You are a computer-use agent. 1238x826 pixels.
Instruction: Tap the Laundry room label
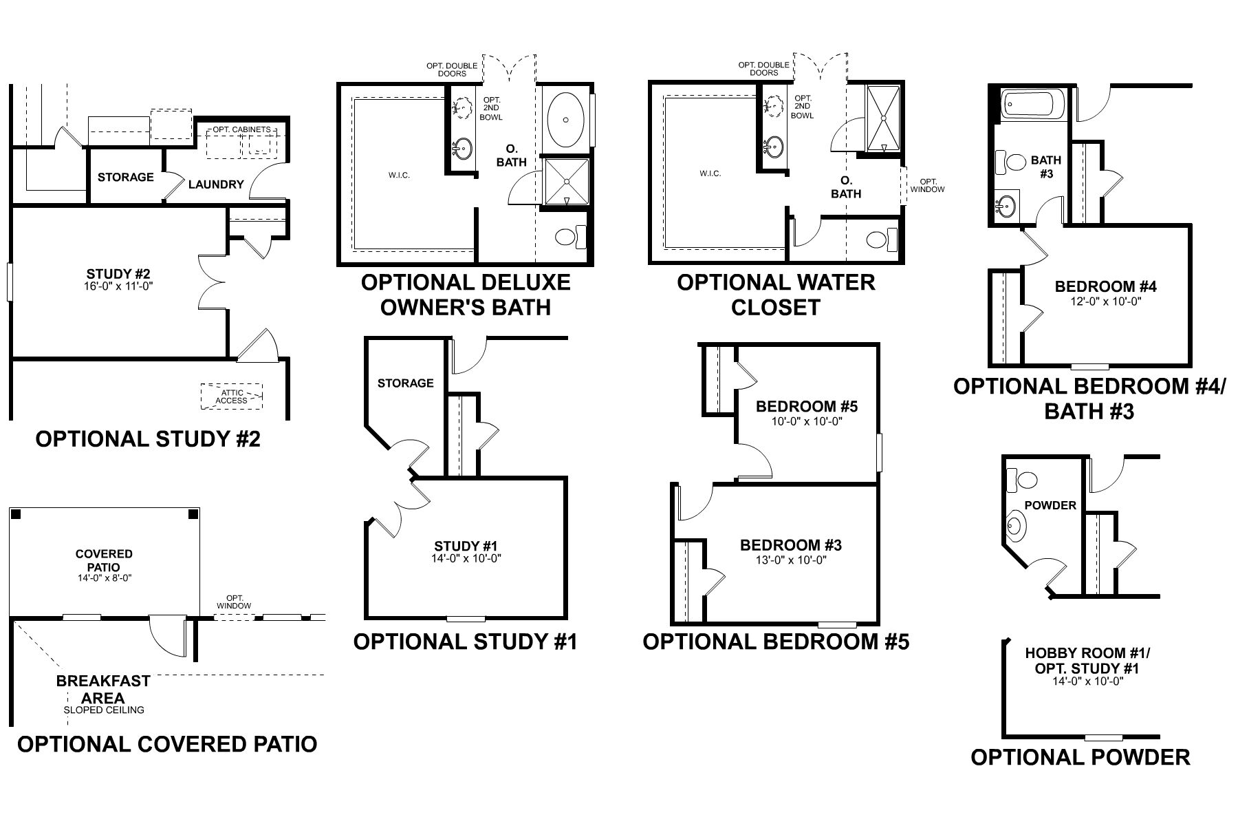pyautogui.click(x=216, y=184)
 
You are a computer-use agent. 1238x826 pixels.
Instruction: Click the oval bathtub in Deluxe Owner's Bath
pyautogui.click(x=565, y=119)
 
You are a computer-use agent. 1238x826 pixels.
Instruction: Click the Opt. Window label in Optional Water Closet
pyautogui.click(x=927, y=185)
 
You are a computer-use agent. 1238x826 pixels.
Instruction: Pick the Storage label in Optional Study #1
pyautogui.click(x=405, y=383)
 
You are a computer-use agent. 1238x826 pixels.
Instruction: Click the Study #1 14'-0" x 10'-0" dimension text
pyautogui.click(x=466, y=559)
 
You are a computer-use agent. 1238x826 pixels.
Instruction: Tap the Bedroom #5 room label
pyautogui.click(x=807, y=406)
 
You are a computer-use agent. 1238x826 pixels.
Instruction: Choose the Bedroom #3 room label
pyautogui.click(x=790, y=545)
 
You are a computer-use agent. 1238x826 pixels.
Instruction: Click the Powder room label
pyautogui.click(x=1050, y=505)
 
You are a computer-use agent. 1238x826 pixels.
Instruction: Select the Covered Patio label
pyautogui.click(x=104, y=560)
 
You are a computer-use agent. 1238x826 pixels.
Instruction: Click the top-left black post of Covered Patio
pyautogui.click(x=17, y=514)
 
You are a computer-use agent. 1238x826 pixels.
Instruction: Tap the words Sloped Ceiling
pyautogui.click(x=104, y=710)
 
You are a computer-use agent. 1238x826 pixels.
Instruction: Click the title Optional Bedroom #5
pyautogui.click(x=776, y=642)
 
